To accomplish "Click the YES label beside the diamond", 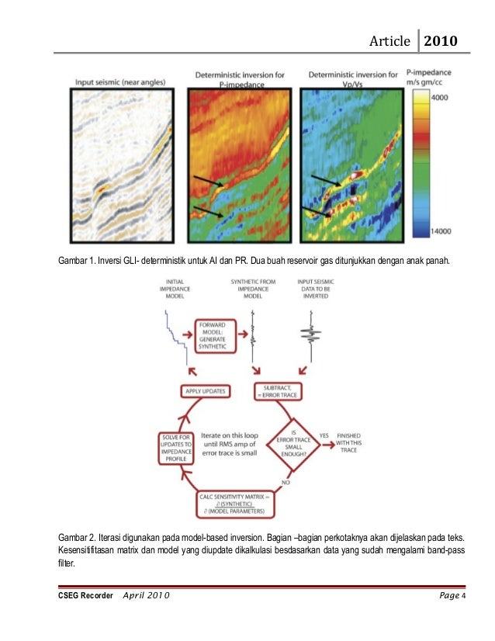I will pos(324,435).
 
